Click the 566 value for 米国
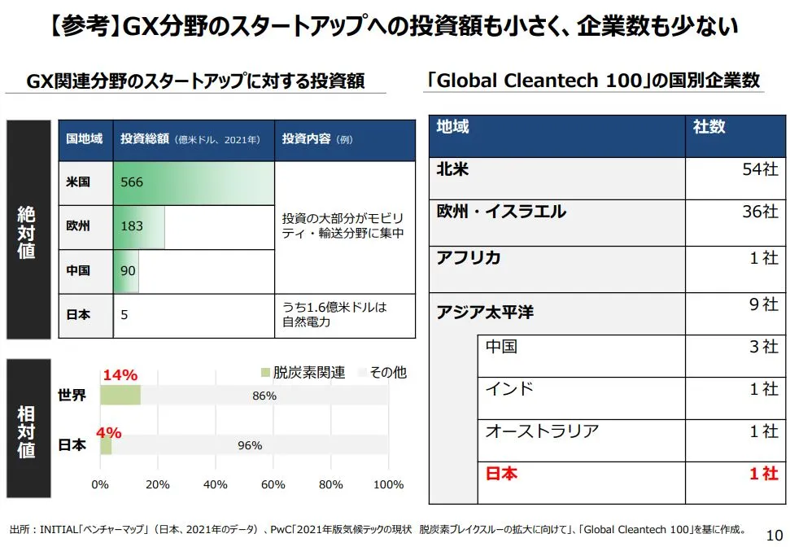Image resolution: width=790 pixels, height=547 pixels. click(x=132, y=182)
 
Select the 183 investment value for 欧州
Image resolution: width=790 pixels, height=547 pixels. click(x=132, y=226)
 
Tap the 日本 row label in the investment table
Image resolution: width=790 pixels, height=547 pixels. click(x=78, y=315)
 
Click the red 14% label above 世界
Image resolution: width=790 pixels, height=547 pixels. click(x=120, y=375)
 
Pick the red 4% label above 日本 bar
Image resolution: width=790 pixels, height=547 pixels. click(x=108, y=431)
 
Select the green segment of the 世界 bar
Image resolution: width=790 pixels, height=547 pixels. click(x=120, y=396)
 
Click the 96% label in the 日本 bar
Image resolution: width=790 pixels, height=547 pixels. click(x=249, y=445)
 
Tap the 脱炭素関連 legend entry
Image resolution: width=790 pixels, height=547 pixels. click(x=303, y=373)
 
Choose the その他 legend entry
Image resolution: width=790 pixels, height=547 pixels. click(x=382, y=373)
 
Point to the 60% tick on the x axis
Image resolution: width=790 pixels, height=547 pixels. click(x=273, y=484)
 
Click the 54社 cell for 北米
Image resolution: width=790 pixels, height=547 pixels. click(x=760, y=169)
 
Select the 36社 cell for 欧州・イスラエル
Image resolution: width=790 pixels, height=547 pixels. click(x=760, y=212)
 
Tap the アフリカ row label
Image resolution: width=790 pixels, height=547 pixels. click(x=469, y=258)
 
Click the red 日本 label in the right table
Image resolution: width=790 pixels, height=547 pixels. click(x=501, y=473)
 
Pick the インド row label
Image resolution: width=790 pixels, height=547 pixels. click(x=509, y=388)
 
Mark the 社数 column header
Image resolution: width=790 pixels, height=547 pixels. click(x=709, y=127)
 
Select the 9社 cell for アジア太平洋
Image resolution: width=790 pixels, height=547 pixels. click(x=763, y=304)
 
